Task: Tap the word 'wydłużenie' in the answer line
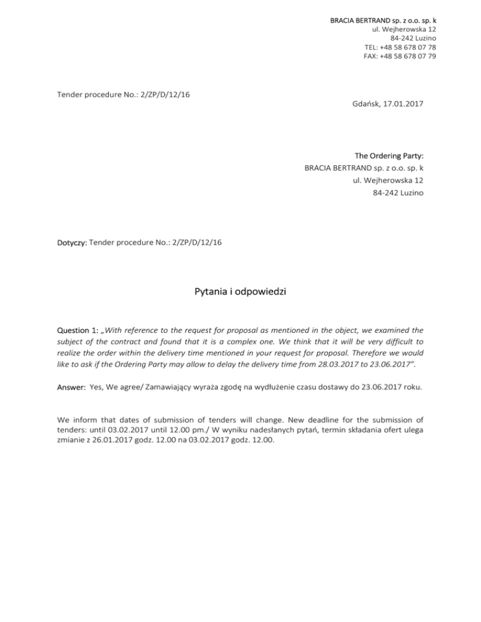point(291,387)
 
